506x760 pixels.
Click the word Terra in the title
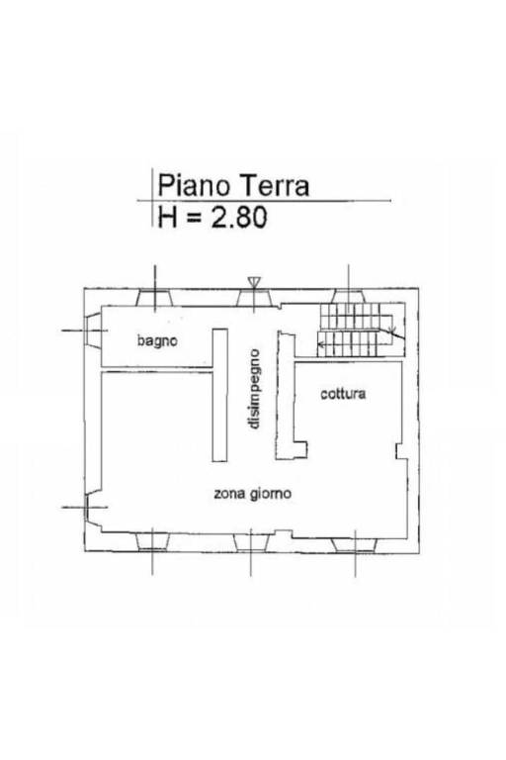coord(275,186)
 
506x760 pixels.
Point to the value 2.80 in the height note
coord(238,217)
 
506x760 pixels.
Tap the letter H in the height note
coord(167,217)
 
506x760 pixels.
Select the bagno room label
coord(157,340)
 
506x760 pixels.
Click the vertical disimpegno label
coord(253,389)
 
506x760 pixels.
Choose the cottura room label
coord(343,394)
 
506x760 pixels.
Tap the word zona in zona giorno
coord(230,494)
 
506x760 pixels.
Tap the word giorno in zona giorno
coord(271,495)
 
